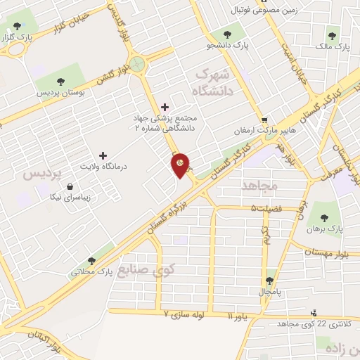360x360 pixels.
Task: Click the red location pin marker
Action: click(x=181, y=165)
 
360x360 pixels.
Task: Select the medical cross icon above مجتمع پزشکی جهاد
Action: click(x=165, y=107)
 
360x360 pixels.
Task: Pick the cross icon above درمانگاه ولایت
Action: click(x=103, y=155)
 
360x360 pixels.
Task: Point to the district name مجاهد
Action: click(x=260, y=185)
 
